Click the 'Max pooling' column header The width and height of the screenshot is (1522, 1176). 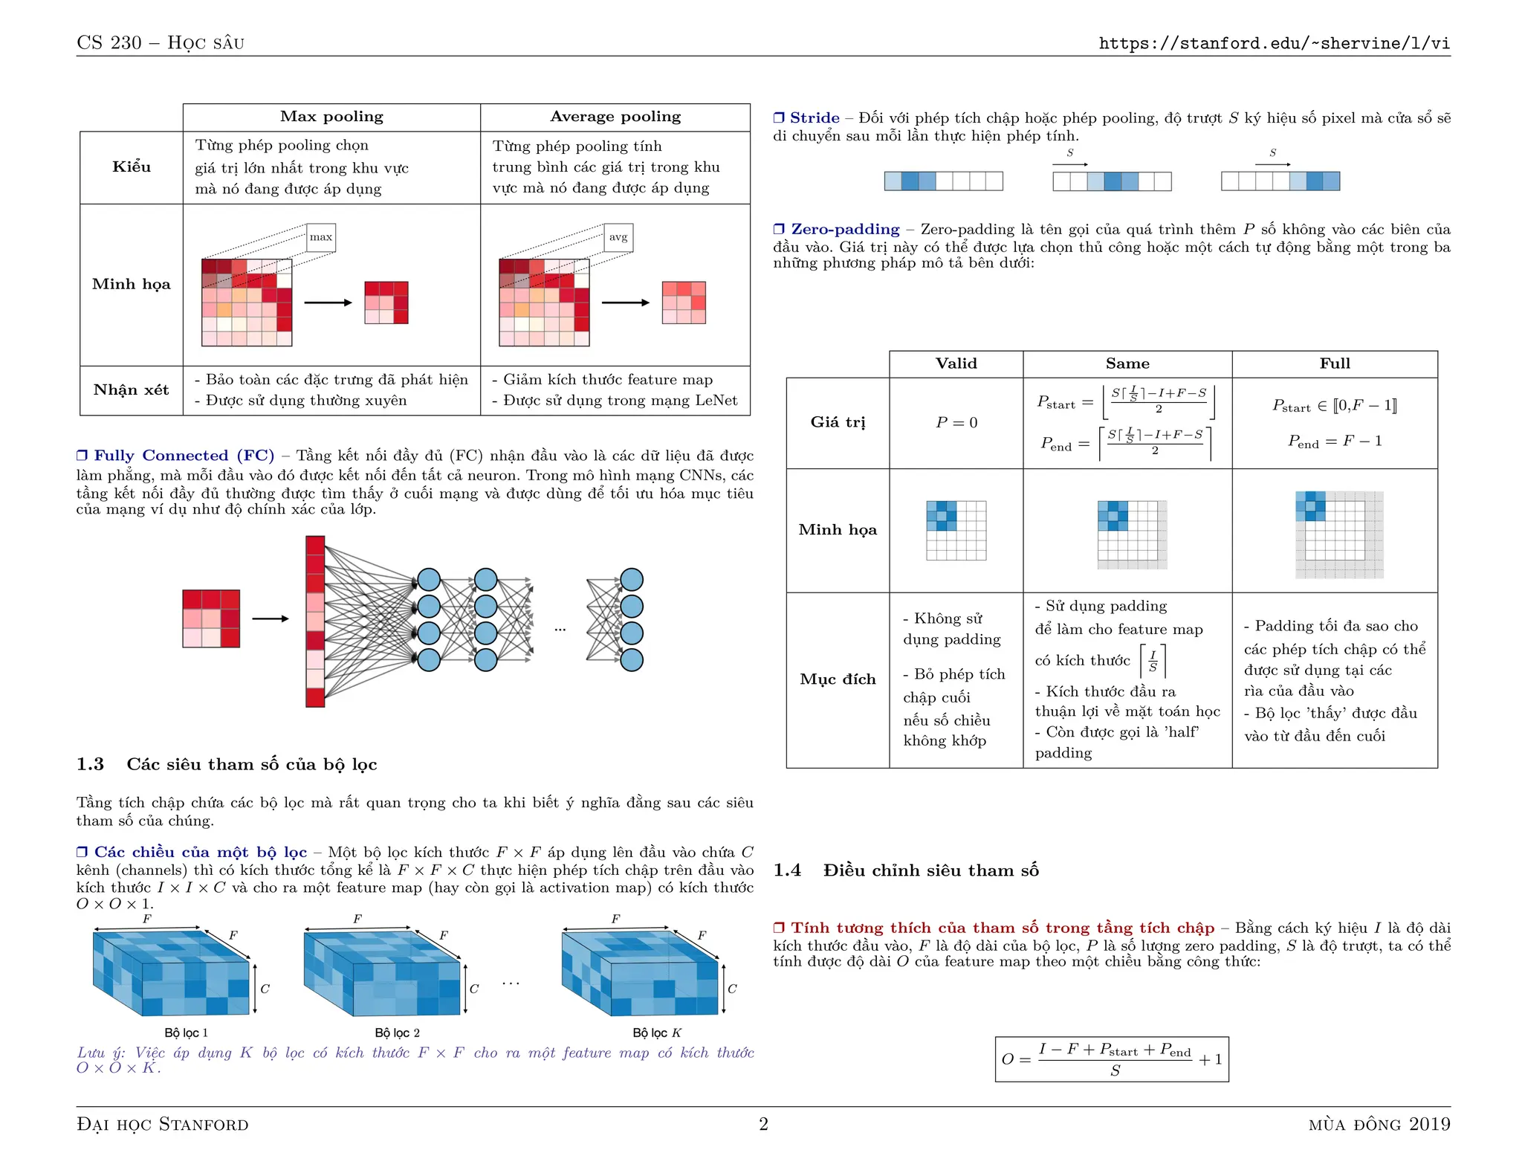[331, 117]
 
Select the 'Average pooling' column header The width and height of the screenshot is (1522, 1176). [615, 117]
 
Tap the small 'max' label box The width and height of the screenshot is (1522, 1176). [321, 237]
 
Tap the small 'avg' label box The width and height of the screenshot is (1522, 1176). [618, 237]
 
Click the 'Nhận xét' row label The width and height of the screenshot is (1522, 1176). [132, 390]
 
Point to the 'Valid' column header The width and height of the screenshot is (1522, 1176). [956, 364]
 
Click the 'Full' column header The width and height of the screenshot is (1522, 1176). [1334, 364]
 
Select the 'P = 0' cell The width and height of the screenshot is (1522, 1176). [956, 422]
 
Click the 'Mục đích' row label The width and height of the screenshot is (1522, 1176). [838, 679]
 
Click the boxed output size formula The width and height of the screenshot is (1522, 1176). [1112, 1059]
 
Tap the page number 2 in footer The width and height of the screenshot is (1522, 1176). [763, 1124]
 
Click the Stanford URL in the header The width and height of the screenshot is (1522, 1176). [1274, 43]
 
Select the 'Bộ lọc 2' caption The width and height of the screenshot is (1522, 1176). [397, 1033]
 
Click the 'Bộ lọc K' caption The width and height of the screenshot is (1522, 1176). [656, 1033]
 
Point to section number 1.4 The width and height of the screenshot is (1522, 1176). [786, 870]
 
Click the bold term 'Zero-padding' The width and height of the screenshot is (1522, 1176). [844, 230]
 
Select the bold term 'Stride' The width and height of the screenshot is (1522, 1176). [814, 118]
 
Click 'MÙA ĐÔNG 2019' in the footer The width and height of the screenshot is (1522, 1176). [1379, 1125]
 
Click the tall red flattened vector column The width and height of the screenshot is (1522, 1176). [315, 621]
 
